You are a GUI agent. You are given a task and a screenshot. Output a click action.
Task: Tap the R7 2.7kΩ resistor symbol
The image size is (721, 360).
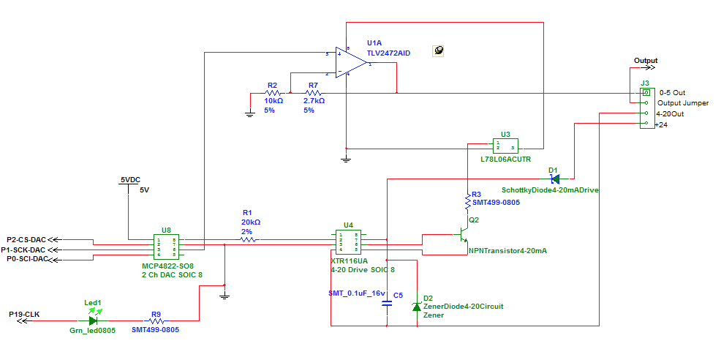click(x=313, y=94)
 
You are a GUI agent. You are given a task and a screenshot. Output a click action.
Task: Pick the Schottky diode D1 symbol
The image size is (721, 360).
click(x=554, y=178)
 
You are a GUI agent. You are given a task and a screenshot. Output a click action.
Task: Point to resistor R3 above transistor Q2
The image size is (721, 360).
click(x=467, y=199)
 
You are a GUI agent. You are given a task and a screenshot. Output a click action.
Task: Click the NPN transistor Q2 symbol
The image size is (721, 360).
click(x=462, y=236)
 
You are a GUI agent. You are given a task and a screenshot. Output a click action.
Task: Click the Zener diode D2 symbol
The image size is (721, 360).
click(x=416, y=307)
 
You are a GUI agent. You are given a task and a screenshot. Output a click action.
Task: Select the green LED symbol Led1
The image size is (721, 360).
click(x=93, y=320)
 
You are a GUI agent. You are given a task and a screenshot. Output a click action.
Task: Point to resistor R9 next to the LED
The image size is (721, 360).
click(x=155, y=320)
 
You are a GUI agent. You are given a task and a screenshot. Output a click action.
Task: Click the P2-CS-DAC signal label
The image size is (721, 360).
click(x=26, y=239)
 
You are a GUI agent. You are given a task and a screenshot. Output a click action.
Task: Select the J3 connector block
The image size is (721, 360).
click(x=646, y=108)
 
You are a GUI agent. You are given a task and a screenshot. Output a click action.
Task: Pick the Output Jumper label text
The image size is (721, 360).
click(x=684, y=103)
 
